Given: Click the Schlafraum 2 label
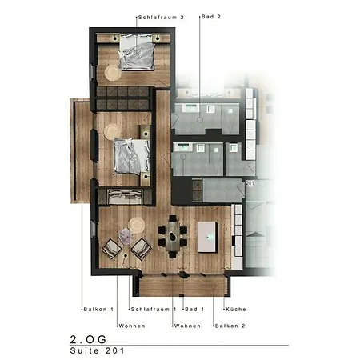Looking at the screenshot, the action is (x=161, y=18).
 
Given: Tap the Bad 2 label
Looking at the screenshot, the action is (x=211, y=17).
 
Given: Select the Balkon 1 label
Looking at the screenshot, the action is (x=98, y=310).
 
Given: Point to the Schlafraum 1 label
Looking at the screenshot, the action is (x=154, y=310).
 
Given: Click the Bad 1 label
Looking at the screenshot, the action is (x=194, y=310).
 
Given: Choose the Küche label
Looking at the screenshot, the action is (x=236, y=310).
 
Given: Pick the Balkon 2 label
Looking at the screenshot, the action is (x=230, y=326).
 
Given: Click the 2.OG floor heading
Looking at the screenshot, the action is (x=88, y=339).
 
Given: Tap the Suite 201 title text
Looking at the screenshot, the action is (x=98, y=350).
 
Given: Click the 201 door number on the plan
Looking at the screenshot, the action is (x=250, y=183).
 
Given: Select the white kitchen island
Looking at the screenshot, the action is (x=207, y=237).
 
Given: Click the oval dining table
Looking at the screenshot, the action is (x=173, y=237).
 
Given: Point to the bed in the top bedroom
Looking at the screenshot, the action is (x=137, y=52).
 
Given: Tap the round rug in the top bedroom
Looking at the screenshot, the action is (x=112, y=73).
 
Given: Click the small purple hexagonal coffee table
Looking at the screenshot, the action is (x=126, y=236).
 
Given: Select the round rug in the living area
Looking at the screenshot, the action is (x=137, y=226).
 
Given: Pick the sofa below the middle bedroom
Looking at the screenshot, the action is (x=125, y=197).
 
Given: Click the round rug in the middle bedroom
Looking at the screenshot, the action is (x=112, y=132).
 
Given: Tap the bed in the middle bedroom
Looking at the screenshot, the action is (x=132, y=157).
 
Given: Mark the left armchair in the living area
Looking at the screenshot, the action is (x=112, y=249).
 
